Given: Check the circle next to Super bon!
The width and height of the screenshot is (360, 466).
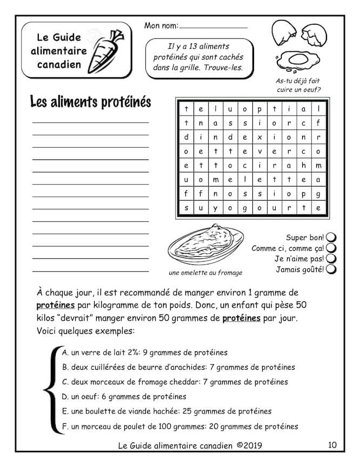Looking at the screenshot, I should tap(331, 237).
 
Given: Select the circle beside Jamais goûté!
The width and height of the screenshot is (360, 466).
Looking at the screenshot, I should tap(331, 269).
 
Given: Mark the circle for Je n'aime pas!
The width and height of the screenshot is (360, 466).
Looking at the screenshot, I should tap(331, 258).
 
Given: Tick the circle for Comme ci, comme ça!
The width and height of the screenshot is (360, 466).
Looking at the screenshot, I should tap(331, 248).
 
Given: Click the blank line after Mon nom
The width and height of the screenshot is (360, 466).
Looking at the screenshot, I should tap(213, 26).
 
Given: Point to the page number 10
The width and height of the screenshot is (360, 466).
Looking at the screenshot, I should tap(332, 445).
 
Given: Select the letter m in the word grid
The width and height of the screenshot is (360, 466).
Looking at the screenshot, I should tap(318, 165).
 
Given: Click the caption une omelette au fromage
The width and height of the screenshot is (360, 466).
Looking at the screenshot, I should tap(205, 272).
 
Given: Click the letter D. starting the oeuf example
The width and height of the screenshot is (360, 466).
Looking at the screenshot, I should tap(65, 397).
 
